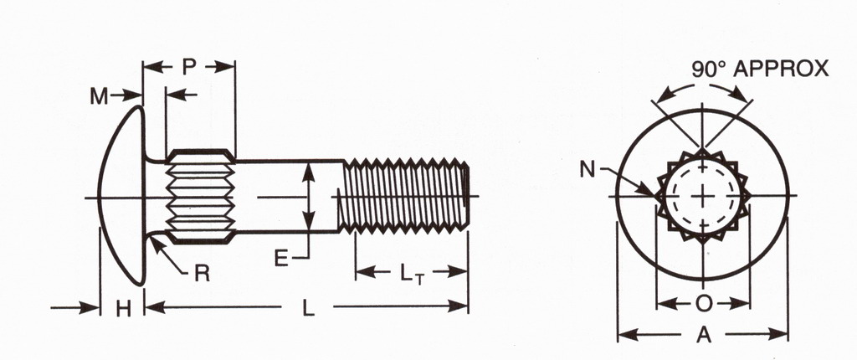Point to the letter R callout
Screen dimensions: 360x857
(x=201, y=273)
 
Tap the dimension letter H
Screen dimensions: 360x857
(x=123, y=309)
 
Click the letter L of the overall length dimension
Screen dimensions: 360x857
(x=308, y=309)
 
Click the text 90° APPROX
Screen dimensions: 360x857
(x=760, y=69)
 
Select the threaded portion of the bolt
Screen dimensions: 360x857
(x=405, y=197)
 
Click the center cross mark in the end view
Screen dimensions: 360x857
(x=703, y=197)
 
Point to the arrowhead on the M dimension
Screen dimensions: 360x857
(x=136, y=96)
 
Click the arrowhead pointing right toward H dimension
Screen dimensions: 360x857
(x=94, y=309)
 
